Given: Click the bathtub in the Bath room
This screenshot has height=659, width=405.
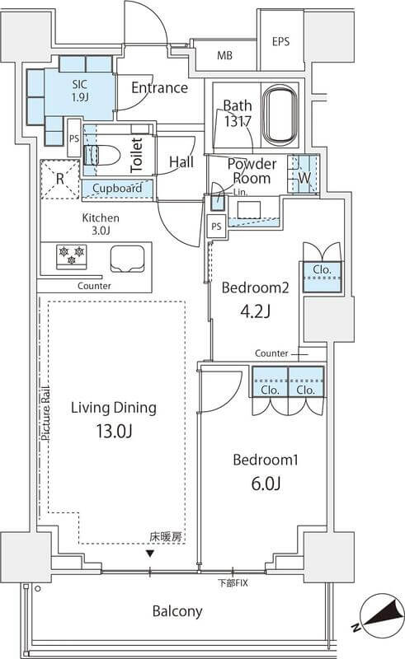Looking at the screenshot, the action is (280, 115).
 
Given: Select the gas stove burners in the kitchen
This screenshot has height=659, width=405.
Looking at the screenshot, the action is (72, 257).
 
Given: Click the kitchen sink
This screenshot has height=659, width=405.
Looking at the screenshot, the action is (127, 259).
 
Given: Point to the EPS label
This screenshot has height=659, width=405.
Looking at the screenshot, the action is (280, 42).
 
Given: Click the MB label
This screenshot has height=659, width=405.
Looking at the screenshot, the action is (224, 55).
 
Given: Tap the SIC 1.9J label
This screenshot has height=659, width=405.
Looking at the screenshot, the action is (79, 91).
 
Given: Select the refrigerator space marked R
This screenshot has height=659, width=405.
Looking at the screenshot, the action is (59, 180).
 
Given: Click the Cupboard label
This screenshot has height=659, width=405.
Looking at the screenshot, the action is (117, 189).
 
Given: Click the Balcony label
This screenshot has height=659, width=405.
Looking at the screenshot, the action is (177, 611).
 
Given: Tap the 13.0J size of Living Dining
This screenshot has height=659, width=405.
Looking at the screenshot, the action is (114, 431).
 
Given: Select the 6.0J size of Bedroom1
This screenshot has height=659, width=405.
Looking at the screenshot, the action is (266, 484).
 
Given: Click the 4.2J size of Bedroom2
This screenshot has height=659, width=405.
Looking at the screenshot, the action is (255, 311).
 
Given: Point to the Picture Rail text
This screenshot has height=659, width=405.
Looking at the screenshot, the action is (45, 414).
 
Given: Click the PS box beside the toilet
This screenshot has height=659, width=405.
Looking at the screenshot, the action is (73, 138).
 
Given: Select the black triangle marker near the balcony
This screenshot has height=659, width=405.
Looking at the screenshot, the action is (149, 554).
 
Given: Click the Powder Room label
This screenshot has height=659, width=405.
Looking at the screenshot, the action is (252, 171).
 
